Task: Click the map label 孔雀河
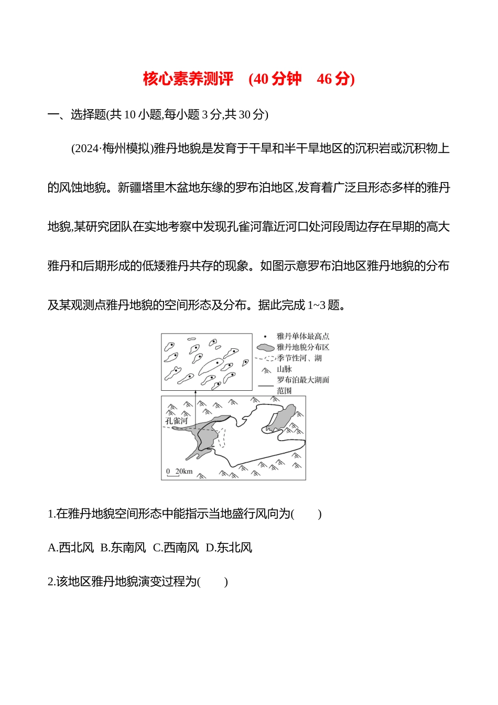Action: [176, 421]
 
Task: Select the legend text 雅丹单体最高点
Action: [303, 336]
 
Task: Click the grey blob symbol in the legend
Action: [265, 347]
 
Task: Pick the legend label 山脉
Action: [284, 369]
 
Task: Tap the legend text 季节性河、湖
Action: [299, 358]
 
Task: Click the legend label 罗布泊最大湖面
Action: [303, 380]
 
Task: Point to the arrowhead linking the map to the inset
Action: [196, 392]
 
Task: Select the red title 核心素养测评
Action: [188, 79]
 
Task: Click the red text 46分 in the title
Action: [335, 79]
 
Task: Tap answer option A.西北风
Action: [71, 548]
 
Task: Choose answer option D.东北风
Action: [229, 548]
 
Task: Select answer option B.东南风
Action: [123, 548]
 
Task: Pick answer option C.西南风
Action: [176, 548]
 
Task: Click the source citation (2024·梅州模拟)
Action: [112, 148]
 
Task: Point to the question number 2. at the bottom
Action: [51, 582]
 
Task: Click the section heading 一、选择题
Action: [77, 114]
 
